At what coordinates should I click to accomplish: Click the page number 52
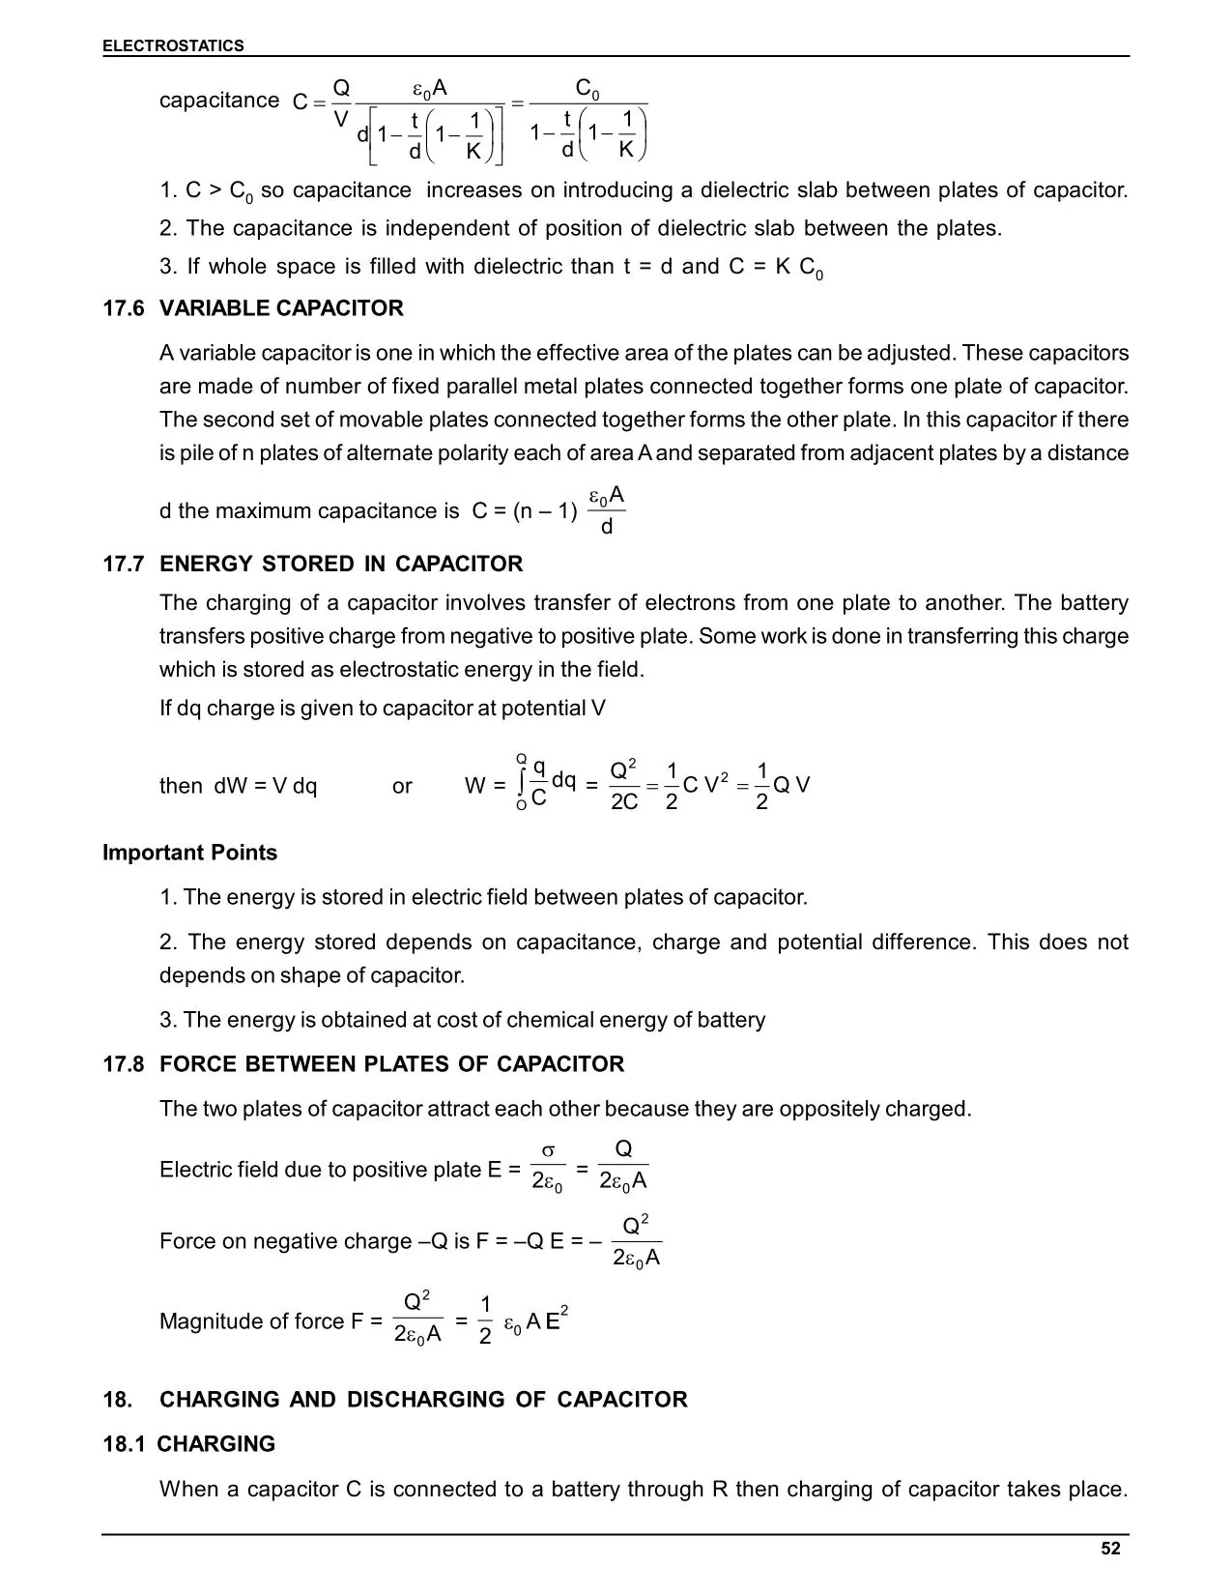(1110, 1549)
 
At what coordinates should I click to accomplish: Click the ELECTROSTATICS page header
(173, 45)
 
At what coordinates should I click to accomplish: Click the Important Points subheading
(189, 853)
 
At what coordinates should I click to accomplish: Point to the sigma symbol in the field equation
(548, 1150)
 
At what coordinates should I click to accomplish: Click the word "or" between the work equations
(402, 786)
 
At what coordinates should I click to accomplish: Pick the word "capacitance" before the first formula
(219, 101)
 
